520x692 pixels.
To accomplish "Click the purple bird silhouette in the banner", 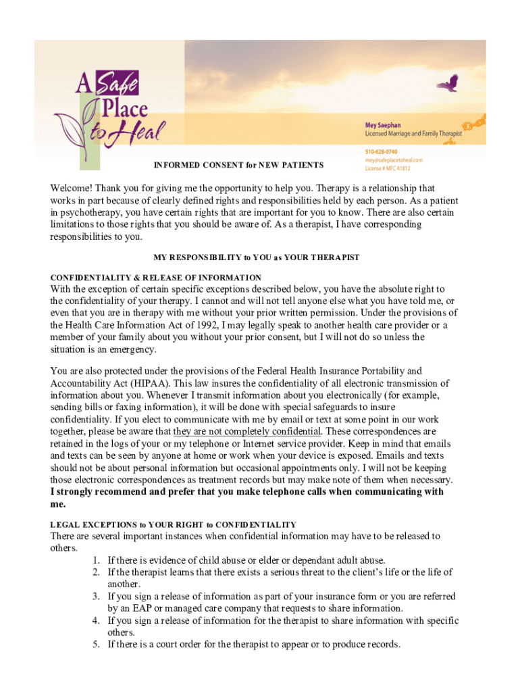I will [x=447, y=83].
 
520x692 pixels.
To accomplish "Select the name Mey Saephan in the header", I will [x=388, y=125].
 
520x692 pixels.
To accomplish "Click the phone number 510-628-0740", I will [x=382, y=152].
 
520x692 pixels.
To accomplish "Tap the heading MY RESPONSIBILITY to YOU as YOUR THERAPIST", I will [x=257, y=257].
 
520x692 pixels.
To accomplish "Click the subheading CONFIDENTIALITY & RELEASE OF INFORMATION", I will [x=156, y=277].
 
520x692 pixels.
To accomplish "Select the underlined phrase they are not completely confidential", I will [x=246, y=431].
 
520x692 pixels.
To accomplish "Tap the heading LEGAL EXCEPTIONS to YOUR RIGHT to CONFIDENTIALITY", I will [x=173, y=524].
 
